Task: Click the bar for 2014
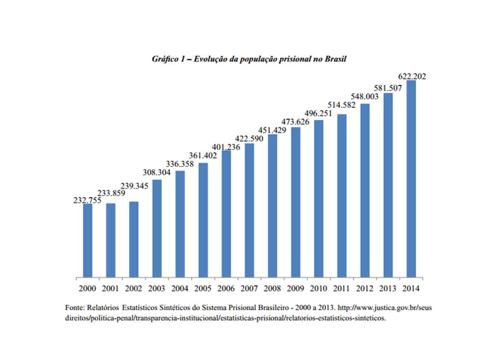tap(411, 179)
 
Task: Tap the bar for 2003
tap(157, 229)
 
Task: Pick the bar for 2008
tap(273, 206)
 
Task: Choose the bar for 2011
tap(342, 196)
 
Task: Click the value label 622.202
tap(412, 76)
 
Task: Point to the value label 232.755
tap(87, 201)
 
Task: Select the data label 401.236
tap(226, 147)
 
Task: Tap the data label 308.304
tap(156, 172)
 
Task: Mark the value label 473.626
tap(295, 122)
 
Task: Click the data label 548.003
tap(364, 97)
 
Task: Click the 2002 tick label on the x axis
tap(133, 289)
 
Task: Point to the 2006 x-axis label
tap(226, 289)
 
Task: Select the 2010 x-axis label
tap(318, 289)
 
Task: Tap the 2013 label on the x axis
tap(388, 289)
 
